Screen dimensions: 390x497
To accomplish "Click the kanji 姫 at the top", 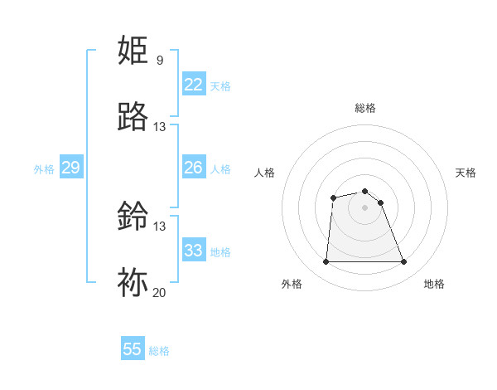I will click(x=134, y=51).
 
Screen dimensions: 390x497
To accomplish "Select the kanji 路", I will click(x=134, y=117).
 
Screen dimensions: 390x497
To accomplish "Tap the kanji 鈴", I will click(x=134, y=217).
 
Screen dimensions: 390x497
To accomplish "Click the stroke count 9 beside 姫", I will click(x=160, y=61).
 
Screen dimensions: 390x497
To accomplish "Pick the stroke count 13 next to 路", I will click(x=160, y=127).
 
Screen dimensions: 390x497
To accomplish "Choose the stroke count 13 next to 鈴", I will click(x=160, y=227).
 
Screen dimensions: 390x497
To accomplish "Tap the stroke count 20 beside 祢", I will click(x=160, y=293).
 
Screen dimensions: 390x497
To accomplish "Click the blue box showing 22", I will click(x=193, y=85).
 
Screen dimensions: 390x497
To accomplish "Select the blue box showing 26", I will click(x=193, y=168).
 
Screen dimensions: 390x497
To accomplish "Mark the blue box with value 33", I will click(x=193, y=251).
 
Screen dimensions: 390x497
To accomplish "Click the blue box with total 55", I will click(x=133, y=349).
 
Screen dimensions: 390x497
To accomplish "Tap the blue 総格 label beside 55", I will click(x=159, y=351).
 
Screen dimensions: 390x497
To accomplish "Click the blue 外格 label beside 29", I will click(x=44, y=169).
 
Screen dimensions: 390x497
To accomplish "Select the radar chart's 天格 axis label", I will click(x=466, y=173).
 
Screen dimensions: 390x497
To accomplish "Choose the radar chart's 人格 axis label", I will click(x=265, y=173).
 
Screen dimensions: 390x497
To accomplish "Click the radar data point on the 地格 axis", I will click(x=404, y=262).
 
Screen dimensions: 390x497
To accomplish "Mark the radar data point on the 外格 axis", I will click(x=326, y=262).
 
